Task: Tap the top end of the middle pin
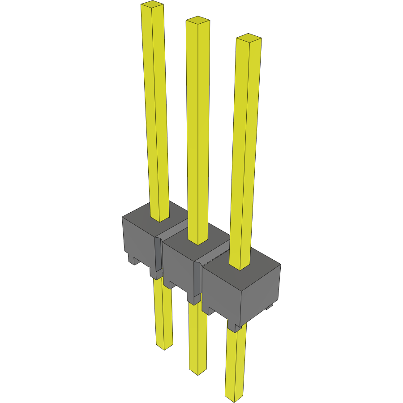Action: (x=197, y=20)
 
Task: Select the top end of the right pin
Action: (x=249, y=38)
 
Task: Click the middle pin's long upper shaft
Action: (x=198, y=130)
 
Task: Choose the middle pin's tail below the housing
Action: (x=197, y=336)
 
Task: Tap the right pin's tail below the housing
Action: (x=235, y=363)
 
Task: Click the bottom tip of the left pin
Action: (x=164, y=347)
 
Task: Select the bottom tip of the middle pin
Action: (x=197, y=372)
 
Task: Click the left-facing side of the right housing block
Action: (x=222, y=291)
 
